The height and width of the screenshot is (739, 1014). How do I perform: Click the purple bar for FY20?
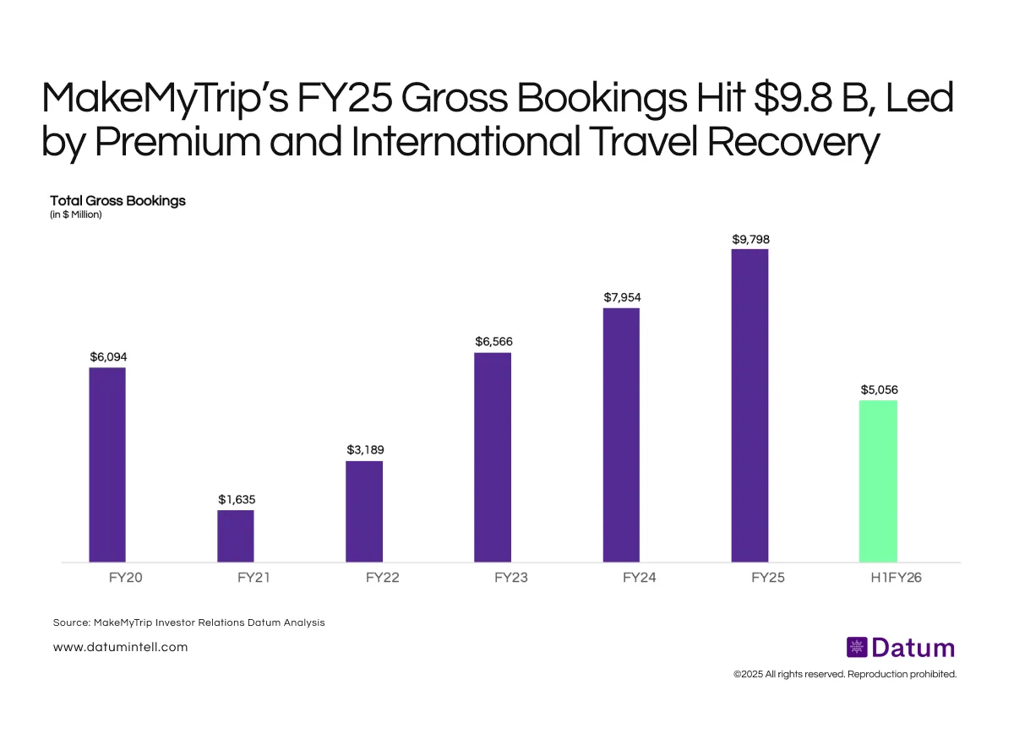(x=107, y=465)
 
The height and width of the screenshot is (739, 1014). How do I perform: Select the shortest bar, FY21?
(x=236, y=535)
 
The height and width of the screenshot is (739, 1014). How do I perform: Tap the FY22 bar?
(x=364, y=511)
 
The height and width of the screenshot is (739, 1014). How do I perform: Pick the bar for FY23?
(x=493, y=457)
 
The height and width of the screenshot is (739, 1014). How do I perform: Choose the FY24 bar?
(x=621, y=435)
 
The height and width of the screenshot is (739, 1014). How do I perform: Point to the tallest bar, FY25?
(x=750, y=405)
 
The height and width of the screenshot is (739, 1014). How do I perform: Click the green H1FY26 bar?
(x=878, y=481)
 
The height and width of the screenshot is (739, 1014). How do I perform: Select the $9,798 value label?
(x=750, y=239)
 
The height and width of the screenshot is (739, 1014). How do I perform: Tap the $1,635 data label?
(x=236, y=499)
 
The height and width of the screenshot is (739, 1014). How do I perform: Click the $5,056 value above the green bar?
(x=879, y=390)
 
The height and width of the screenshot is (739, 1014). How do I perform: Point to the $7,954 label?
(x=622, y=297)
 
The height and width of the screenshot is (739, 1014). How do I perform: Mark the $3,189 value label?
(x=365, y=450)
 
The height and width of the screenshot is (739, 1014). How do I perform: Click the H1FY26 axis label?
(x=879, y=579)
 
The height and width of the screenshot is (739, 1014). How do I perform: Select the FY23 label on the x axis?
(x=493, y=579)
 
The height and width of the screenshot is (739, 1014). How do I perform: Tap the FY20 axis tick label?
(x=107, y=579)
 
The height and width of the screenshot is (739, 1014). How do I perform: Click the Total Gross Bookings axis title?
(x=117, y=201)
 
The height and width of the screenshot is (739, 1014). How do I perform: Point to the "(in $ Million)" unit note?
(x=76, y=215)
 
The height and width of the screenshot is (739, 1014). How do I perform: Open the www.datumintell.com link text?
(x=120, y=647)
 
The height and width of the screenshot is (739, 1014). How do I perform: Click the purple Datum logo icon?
(x=857, y=648)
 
